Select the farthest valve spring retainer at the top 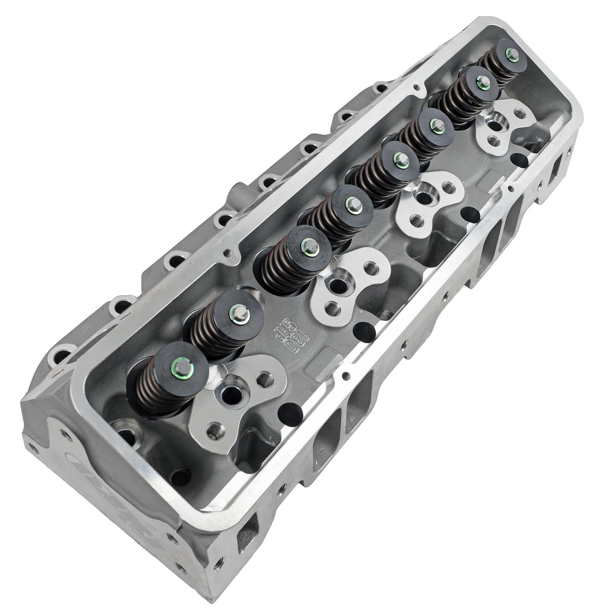pos(506,54)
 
